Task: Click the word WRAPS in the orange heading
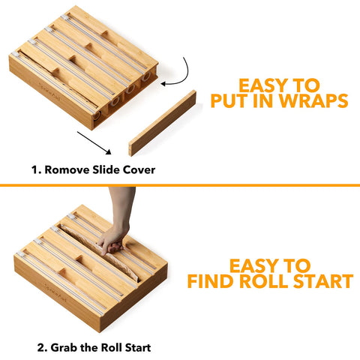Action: point(313,100)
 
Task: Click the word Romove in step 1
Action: point(67,169)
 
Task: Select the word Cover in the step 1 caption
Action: point(139,169)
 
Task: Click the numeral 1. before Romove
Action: point(36,170)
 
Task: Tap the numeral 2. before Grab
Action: point(43,348)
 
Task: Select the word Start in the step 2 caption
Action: point(138,348)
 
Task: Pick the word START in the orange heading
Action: point(323,281)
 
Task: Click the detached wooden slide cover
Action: point(163,123)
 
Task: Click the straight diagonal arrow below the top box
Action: point(94,143)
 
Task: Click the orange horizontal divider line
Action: point(180,185)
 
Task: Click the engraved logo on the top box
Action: point(49,91)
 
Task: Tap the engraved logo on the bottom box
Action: point(55,292)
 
